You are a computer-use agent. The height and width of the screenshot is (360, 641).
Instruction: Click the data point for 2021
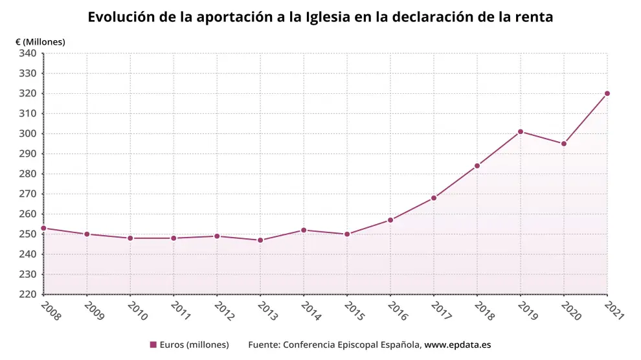pos(607,93)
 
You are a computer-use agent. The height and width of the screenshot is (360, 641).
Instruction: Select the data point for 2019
pos(521,131)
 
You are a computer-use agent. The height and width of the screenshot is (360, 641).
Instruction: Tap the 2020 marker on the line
pos(564,144)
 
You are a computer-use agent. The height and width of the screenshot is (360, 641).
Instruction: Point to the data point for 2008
pos(43,228)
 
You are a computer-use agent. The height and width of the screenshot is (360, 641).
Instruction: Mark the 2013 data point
pos(260,240)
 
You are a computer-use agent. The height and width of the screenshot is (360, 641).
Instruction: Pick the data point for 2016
pos(390,220)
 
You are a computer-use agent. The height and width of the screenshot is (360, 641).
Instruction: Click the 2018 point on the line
pos(477,166)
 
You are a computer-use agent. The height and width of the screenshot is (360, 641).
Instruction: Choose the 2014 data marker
pos(304,230)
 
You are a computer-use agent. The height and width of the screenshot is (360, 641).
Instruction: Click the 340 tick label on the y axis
pos(27,53)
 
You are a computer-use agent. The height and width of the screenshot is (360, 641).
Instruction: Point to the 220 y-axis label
pos(27,295)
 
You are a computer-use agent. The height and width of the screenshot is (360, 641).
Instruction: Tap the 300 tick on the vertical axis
pos(27,134)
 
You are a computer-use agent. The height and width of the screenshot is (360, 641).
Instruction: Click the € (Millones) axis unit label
pos(40,41)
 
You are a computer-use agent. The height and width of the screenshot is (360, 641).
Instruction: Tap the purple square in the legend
pos(153,344)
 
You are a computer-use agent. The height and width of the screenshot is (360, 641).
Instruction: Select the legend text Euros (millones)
pos(194,344)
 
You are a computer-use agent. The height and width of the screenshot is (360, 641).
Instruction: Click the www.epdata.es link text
pos(458,344)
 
